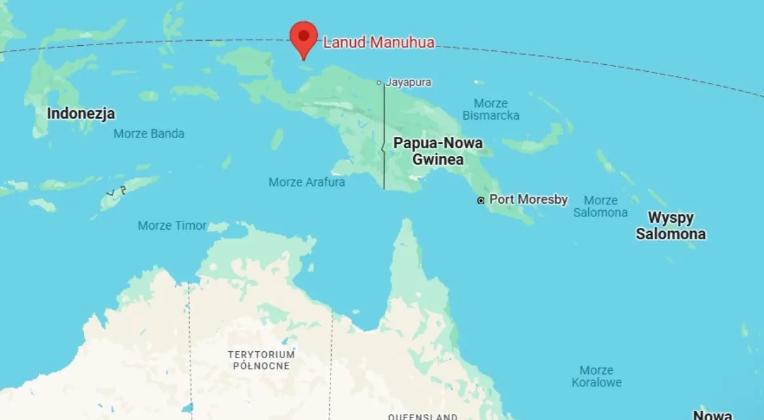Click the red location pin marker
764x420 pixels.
pyautogui.click(x=304, y=36)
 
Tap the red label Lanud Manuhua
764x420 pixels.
pyautogui.click(x=379, y=43)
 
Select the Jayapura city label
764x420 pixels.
pyautogui.click(x=409, y=82)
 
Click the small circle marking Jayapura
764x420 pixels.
pyautogui.click(x=379, y=82)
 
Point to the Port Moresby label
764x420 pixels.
pyautogui.click(x=528, y=199)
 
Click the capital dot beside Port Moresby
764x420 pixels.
pyautogui.click(x=481, y=200)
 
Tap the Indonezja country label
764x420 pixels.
pyautogui.click(x=81, y=114)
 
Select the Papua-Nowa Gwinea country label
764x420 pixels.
pyautogui.click(x=438, y=151)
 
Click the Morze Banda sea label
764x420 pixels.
pyautogui.click(x=149, y=134)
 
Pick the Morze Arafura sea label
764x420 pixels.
pyautogui.click(x=307, y=182)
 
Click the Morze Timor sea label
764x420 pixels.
pyautogui.click(x=172, y=225)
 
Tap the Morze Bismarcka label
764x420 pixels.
pyautogui.click(x=491, y=109)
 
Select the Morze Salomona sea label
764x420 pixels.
pyautogui.click(x=600, y=206)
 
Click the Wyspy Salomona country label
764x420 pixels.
pyautogui.click(x=670, y=226)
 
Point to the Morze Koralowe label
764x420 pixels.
pyautogui.click(x=597, y=376)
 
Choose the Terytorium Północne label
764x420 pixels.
pyautogui.click(x=262, y=360)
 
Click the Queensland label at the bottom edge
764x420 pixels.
pyautogui.click(x=423, y=417)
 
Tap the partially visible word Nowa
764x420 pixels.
pyautogui.click(x=712, y=415)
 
